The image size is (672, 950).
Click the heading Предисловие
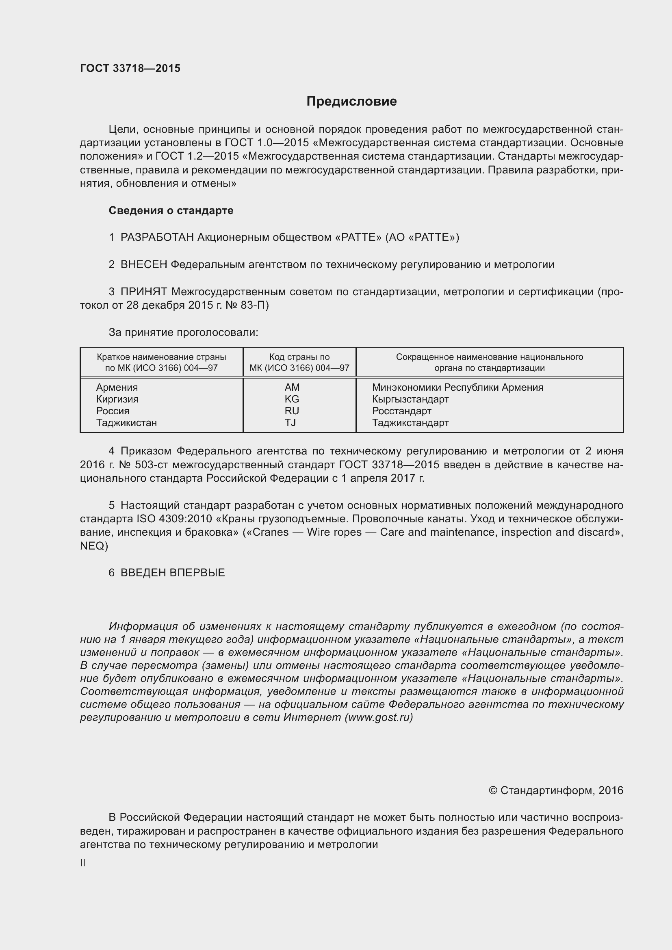pos(351,102)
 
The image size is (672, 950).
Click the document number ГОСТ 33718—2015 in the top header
pos(130,68)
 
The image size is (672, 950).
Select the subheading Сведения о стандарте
pos(171,211)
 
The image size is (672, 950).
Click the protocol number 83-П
pos(254,305)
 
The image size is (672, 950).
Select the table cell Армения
pos(117,387)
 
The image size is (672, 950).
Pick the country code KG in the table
pos(292,399)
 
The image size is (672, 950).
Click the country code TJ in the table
pos(290,423)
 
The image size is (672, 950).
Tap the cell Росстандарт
pos(401,411)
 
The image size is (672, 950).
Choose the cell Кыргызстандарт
pos(410,399)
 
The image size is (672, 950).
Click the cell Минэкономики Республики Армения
pos(457,387)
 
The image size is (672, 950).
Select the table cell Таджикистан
pos(126,423)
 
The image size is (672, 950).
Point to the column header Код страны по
pos(299,357)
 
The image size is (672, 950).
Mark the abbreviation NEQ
pos(93,546)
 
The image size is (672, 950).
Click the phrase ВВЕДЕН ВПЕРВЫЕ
pos(173,573)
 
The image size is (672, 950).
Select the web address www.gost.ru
pos(379,717)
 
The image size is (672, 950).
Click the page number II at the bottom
pos(83,863)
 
